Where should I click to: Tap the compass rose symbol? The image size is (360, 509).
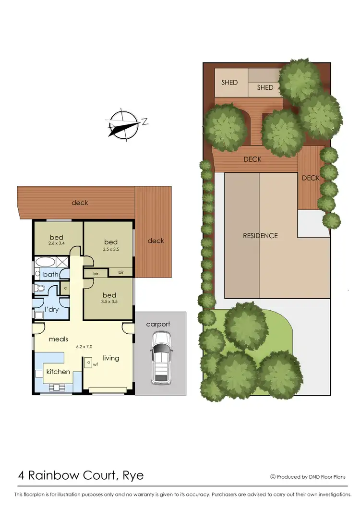123,124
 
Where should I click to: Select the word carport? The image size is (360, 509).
158,324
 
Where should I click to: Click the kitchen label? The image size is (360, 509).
58,372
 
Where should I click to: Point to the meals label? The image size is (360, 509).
58,339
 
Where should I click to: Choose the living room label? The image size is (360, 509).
111,358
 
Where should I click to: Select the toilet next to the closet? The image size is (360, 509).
40,289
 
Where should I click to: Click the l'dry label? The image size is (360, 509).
51,310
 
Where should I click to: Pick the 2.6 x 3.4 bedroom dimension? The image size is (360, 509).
57,244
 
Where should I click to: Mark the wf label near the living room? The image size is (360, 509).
96,364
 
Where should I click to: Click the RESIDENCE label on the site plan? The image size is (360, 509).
260,236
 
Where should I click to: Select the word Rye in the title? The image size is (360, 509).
132,476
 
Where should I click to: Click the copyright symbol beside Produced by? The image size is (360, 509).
273,477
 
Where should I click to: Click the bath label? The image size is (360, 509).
50,275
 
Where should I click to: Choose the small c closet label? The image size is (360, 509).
65,289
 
